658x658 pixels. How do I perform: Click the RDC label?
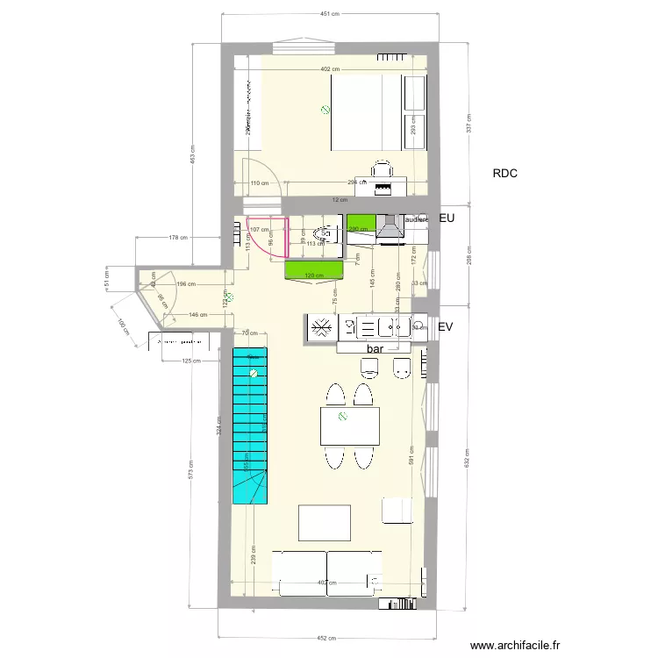click(x=504, y=174)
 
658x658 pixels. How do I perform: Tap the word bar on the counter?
click(x=376, y=348)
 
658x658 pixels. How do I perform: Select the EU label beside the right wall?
click(x=447, y=218)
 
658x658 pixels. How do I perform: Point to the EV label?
click(x=447, y=327)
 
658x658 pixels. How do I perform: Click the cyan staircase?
click(x=250, y=421)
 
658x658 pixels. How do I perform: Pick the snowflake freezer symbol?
click(x=321, y=327)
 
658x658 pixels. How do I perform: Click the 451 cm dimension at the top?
click(x=330, y=15)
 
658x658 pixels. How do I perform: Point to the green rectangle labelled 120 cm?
click(x=313, y=270)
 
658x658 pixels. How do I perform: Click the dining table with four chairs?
click(x=350, y=427)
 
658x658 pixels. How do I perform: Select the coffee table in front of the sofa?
click(x=325, y=522)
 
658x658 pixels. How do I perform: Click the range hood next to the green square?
click(x=389, y=228)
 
